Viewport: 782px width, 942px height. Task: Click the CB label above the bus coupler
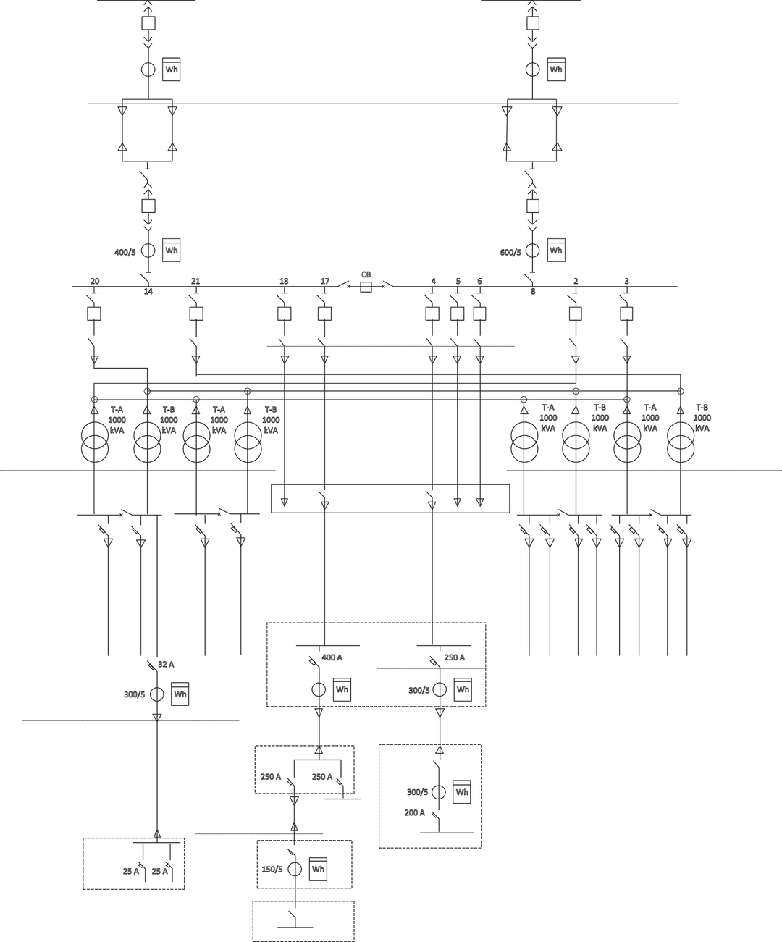366,274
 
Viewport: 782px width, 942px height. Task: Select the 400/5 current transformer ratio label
125,252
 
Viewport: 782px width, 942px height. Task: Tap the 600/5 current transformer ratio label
510,252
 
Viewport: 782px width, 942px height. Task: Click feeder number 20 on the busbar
95,281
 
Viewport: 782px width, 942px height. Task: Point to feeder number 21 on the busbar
195,281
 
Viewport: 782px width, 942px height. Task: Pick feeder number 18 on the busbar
284,281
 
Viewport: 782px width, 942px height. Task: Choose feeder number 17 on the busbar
325,281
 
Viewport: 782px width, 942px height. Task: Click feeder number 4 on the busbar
434,281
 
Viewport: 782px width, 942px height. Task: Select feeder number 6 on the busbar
479,281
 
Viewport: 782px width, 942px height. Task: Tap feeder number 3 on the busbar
626,281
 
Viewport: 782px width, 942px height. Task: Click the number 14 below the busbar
148,292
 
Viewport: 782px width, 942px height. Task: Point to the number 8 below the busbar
533,292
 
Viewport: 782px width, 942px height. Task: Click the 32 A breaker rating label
166,665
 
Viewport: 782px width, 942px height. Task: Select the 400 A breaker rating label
332,657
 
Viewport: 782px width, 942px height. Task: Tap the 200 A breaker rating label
415,813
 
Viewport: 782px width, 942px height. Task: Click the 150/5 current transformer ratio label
272,870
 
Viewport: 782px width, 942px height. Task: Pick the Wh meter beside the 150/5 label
318,869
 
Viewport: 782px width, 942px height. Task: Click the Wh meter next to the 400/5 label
172,250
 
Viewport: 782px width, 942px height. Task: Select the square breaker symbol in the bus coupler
366,287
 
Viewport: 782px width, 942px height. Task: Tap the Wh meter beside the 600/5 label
556,250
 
